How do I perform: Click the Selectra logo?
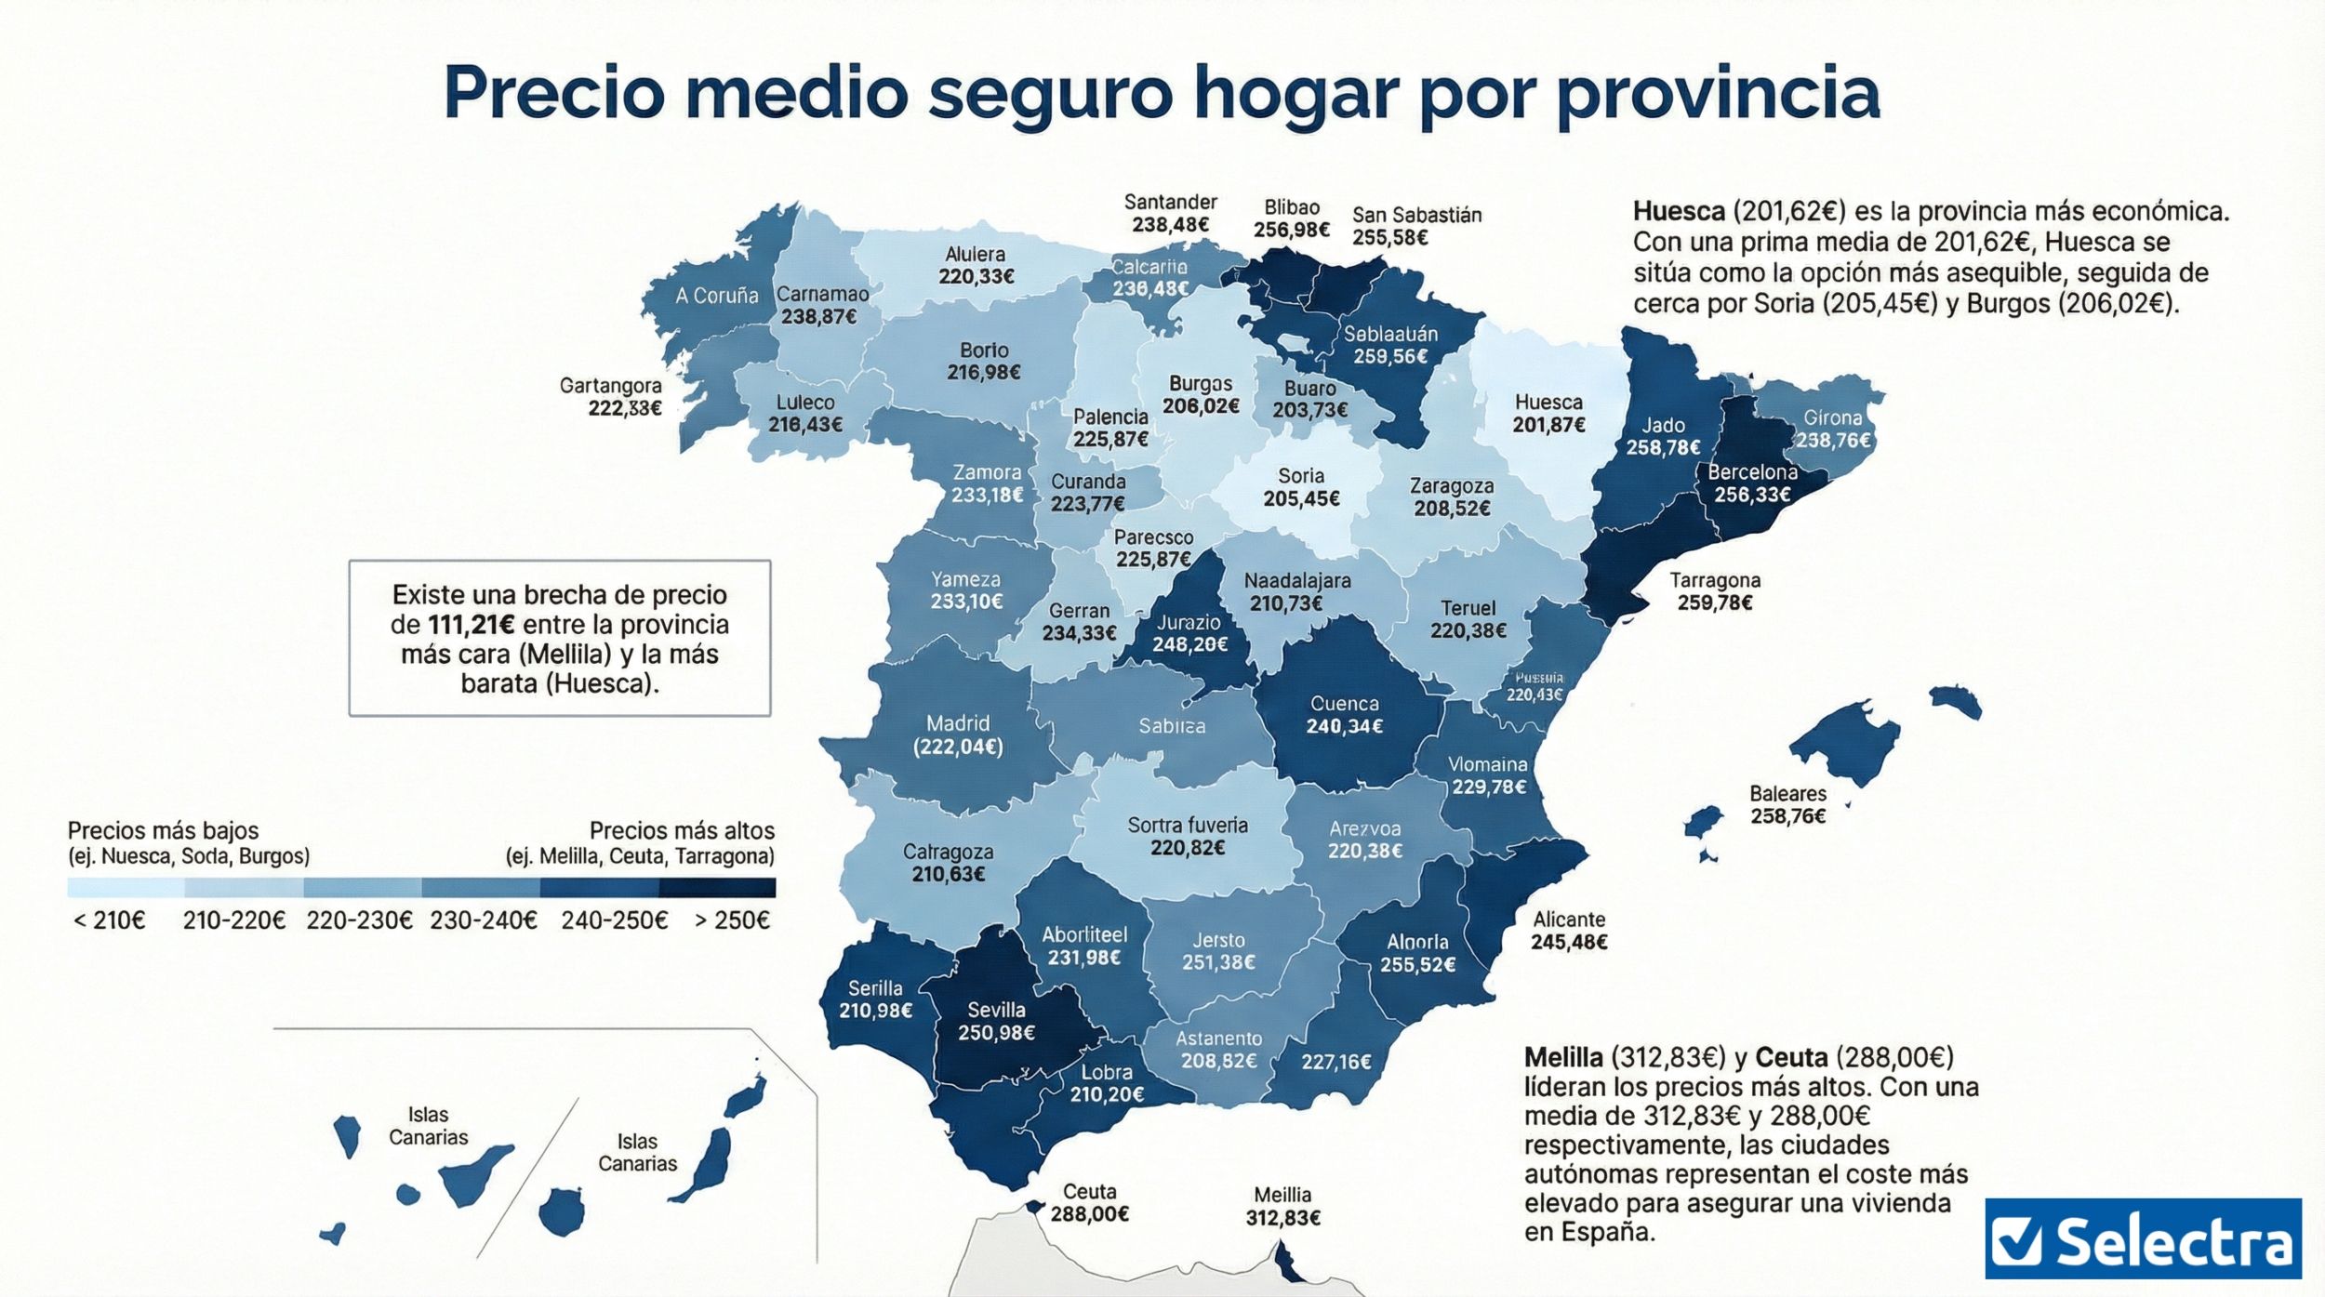pos(2143,1238)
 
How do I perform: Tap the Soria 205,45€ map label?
pos(1301,488)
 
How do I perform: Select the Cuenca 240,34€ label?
pos(1344,715)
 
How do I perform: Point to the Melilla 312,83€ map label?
pos(1282,1206)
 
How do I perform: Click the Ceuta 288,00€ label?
pos(1089,1202)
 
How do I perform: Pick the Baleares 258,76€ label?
pos(1787,805)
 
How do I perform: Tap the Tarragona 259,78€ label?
pos(1715,591)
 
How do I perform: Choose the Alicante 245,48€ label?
pos(1569,931)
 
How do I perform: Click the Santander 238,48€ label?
pos(1170,213)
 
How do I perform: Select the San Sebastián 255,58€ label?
pos(1416,226)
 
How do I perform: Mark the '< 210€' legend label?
pos(110,920)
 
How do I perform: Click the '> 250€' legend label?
pos(732,920)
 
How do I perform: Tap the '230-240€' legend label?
pos(483,920)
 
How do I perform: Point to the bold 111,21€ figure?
pos(471,625)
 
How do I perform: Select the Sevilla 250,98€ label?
pos(996,1021)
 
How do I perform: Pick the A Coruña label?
pos(716,296)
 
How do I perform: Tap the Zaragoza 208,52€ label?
pos(1452,497)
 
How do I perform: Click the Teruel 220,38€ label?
pos(1468,619)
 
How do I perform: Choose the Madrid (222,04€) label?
pos(958,735)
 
